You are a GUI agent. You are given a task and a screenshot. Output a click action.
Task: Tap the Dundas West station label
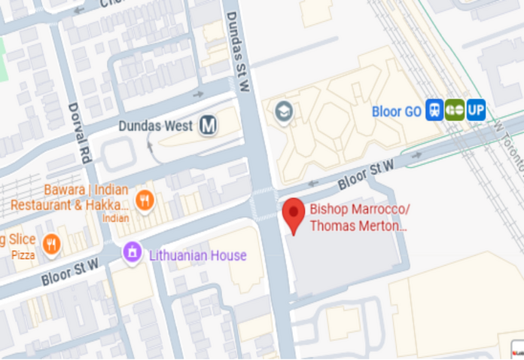[x=156, y=127]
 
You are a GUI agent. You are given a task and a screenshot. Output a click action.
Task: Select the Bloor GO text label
[x=397, y=111]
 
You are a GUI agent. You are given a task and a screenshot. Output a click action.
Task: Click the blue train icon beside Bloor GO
[x=434, y=111]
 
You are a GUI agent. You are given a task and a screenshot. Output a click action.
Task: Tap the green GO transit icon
[x=454, y=111]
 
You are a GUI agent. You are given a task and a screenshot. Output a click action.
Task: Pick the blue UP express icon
[x=476, y=111]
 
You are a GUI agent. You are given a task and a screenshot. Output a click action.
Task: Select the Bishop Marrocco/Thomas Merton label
[x=359, y=217]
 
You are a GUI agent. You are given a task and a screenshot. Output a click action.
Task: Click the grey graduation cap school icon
[x=284, y=112]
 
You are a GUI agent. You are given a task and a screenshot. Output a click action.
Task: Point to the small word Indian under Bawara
[x=115, y=218]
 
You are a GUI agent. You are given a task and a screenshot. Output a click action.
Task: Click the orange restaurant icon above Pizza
[x=51, y=243]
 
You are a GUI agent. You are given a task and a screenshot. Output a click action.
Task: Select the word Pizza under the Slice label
[x=17, y=256]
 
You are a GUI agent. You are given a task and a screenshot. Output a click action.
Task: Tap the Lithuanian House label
[x=197, y=255]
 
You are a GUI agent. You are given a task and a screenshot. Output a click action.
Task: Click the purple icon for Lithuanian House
[x=133, y=251]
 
